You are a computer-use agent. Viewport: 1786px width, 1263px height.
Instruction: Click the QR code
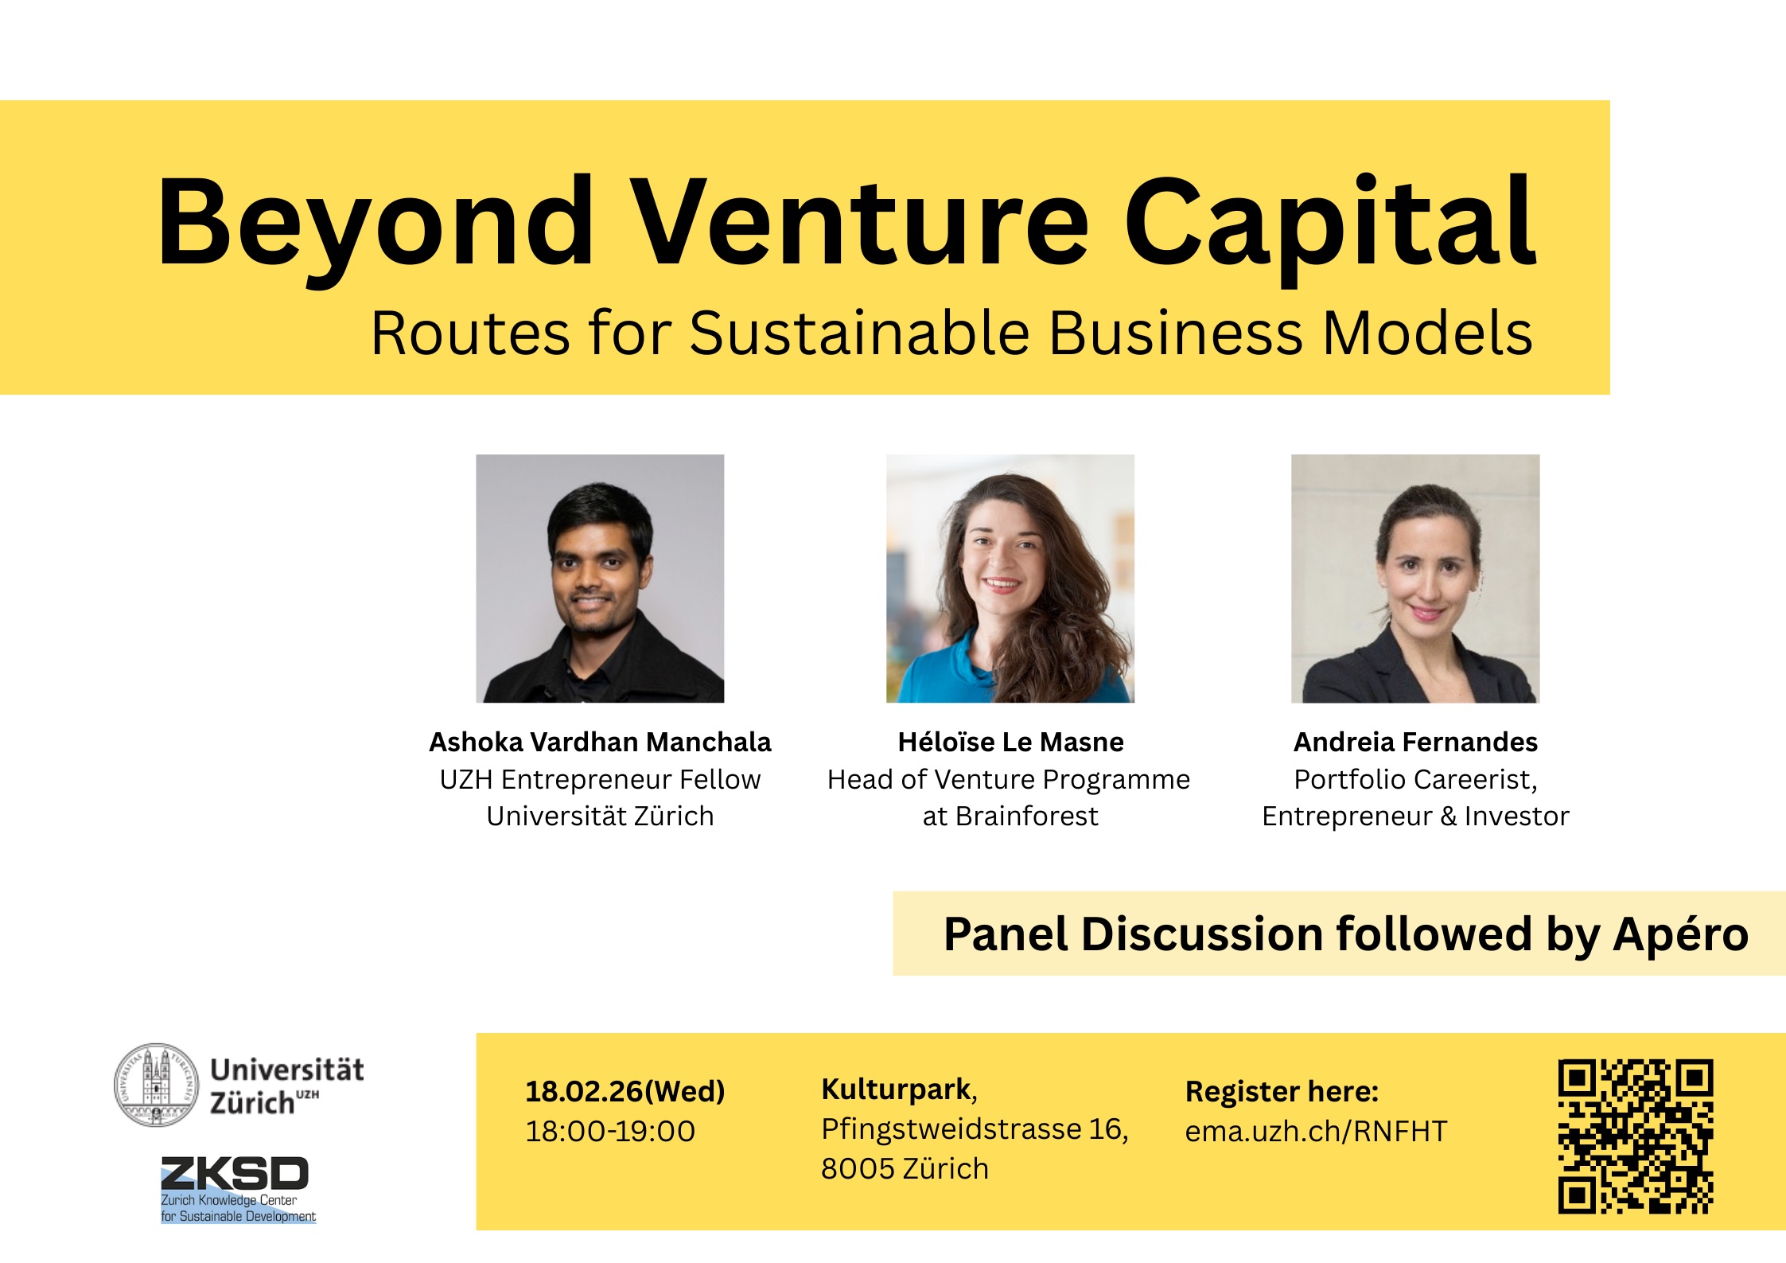pyautogui.click(x=1635, y=1136)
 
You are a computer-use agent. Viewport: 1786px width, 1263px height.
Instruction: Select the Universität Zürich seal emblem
pyautogui.click(x=157, y=1084)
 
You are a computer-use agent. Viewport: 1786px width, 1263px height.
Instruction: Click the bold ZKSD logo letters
pyautogui.click(x=235, y=1175)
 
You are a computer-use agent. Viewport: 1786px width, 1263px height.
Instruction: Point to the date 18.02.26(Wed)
pyautogui.click(x=625, y=1091)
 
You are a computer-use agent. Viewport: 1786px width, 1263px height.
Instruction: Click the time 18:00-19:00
pyautogui.click(x=610, y=1131)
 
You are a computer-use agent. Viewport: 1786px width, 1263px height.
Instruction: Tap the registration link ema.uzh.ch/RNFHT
pyautogui.click(x=1316, y=1131)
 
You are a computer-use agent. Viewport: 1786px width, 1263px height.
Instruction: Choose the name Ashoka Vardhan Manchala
pyautogui.click(x=600, y=742)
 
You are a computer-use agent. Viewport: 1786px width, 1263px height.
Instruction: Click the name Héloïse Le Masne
pyautogui.click(x=1010, y=742)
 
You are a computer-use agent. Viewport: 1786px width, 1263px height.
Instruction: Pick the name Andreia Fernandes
pyautogui.click(x=1415, y=742)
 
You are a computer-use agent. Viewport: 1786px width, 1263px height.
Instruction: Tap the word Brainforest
pyautogui.click(x=1026, y=816)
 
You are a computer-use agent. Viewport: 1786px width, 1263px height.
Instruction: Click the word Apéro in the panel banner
pyautogui.click(x=1680, y=934)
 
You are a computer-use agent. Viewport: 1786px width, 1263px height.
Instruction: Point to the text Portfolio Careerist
pyautogui.click(x=1415, y=779)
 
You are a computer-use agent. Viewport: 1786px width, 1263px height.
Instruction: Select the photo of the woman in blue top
pyautogui.click(x=1010, y=579)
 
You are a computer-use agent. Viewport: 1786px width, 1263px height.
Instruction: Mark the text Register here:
pyautogui.click(x=1282, y=1091)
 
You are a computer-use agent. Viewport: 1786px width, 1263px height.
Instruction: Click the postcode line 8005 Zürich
pyautogui.click(x=905, y=1168)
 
